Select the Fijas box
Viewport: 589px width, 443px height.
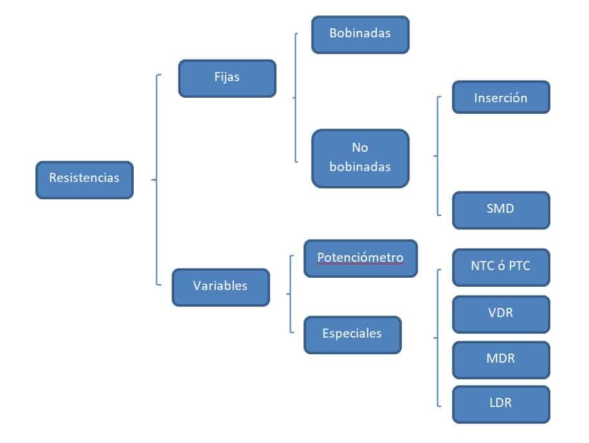227,78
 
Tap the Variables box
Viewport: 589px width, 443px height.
221,287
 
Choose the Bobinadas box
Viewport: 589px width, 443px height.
360,34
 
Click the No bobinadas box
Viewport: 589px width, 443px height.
360,158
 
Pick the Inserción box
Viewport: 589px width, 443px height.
501,98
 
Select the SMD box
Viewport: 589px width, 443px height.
501,210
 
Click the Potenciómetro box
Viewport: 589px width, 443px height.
360,258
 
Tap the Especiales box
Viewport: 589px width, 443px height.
352,334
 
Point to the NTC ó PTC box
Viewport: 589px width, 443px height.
501,267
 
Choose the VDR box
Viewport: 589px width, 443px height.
501,314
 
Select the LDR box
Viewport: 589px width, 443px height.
501,404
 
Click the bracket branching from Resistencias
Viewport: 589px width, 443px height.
156,179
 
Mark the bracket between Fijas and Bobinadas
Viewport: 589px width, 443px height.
295,98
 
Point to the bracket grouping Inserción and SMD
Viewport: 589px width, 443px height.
438,156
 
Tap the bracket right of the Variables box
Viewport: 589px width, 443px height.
290,294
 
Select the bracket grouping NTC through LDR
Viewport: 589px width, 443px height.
438,337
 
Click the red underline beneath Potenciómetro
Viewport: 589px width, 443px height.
360,264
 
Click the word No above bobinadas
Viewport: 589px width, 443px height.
360,149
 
